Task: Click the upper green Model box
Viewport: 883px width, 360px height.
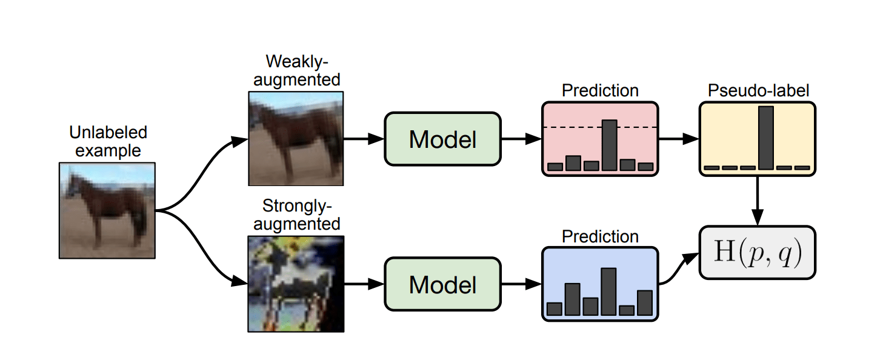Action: click(x=442, y=139)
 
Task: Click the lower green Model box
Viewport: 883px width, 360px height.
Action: click(x=442, y=284)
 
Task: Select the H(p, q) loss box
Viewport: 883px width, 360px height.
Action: click(x=758, y=253)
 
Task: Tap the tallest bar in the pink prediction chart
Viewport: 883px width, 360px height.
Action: click(x=609, y=145)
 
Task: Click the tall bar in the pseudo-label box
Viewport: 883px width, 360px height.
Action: click(x=766, y=138)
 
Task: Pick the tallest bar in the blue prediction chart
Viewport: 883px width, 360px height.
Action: click(x=608, y=291)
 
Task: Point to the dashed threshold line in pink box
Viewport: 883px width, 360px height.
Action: click(x=570, y=127)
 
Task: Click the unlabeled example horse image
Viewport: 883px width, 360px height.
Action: click(x=107, y=210)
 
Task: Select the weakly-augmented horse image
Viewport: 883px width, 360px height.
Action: click(x=296, y=138)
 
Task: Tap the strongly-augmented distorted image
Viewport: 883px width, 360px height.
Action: click(x=296, y=283)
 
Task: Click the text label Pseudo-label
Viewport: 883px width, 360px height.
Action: click(x=758, y=91)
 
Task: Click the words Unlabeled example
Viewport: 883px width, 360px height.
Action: click(x=108, y=141)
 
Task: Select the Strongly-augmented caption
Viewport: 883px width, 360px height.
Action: click(x=297, y=215)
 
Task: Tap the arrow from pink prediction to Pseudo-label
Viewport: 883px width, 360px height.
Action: click(x=678, y=139)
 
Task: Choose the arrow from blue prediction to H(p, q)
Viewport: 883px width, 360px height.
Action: click(x=678, y=270)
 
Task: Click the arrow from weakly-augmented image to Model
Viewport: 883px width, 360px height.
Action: click(x=364, y=139)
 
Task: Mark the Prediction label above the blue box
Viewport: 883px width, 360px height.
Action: click(x=600, y=236)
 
